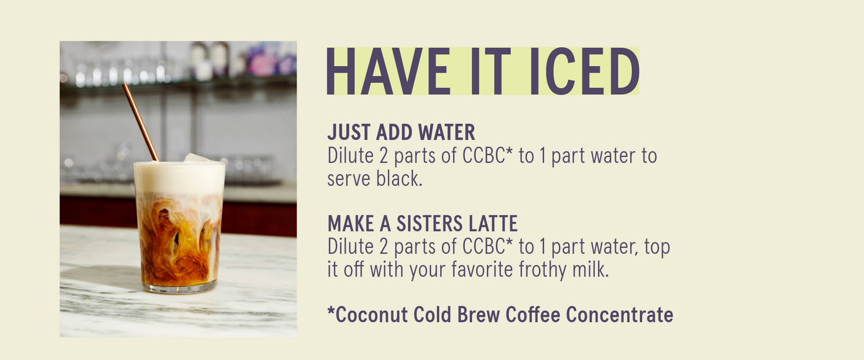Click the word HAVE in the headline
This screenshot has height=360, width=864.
click(388, 71)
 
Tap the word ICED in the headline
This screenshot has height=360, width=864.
click(585, 71)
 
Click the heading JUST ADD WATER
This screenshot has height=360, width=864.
click(401, 132)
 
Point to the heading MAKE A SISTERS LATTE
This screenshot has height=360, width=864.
click(423, 223)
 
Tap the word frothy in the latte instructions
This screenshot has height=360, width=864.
click(543, 270)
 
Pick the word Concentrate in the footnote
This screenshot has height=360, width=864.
click(619, 314)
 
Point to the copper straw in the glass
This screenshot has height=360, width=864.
click(141, 122)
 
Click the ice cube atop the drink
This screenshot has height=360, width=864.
click(197, 158)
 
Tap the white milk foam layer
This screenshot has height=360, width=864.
click(179, 177)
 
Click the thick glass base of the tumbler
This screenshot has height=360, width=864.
click(180, 287)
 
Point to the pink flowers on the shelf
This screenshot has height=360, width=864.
click(266, 60)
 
